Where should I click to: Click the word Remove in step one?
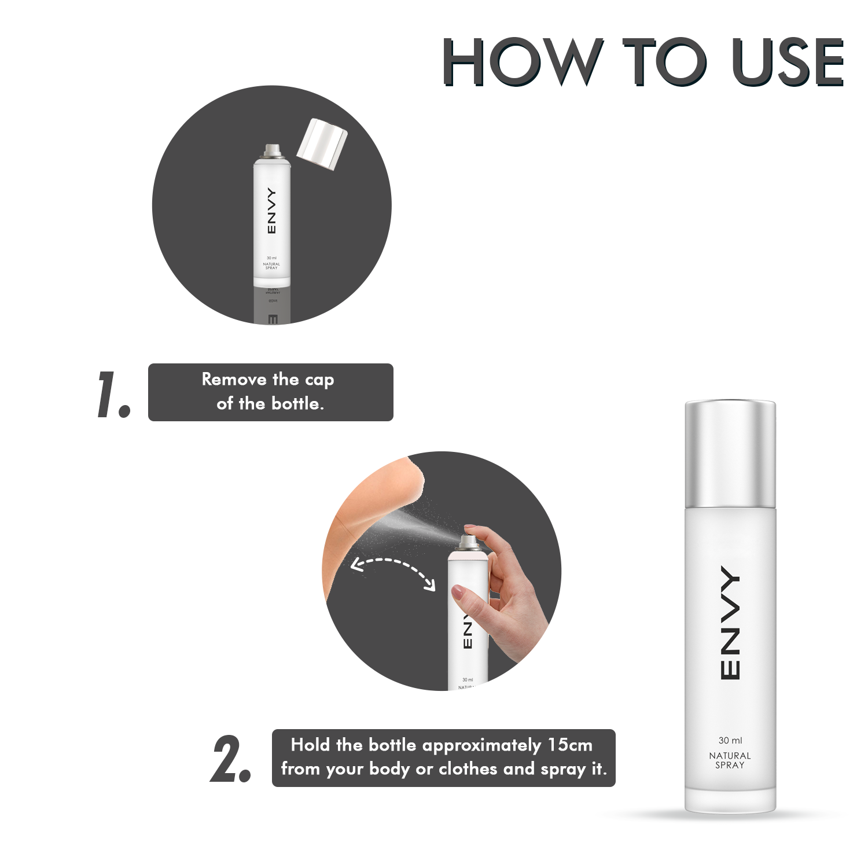(x=234, y=380)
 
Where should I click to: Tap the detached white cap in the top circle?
(x=322, y=144)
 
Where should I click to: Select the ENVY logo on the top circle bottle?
(x=271, y=211)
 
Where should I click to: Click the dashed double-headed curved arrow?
(x=393, y=570)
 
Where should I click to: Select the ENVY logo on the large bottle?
(x=730, y=623)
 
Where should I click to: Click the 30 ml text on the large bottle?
(x=730, y=740)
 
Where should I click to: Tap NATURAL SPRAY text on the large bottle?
(x=730, y=760)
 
